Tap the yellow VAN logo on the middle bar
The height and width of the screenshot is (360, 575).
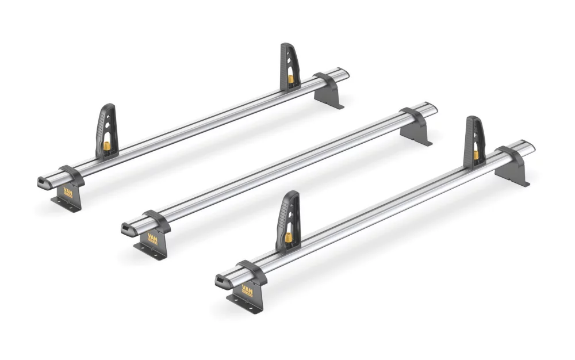[152, 236]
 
